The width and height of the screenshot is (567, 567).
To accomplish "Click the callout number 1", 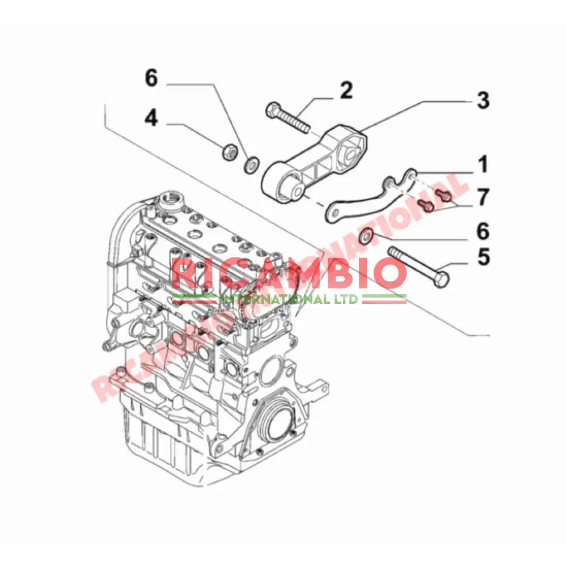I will tap(482, 165).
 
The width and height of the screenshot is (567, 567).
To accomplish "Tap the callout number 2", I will tap(346, 90).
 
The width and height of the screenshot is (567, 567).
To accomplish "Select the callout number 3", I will tap(482, 100).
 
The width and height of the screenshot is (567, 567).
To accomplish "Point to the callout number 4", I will tap(150, 118).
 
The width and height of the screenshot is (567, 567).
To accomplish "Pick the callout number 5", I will tap(483, 256).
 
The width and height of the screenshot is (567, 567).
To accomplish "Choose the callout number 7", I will tap(483, 198).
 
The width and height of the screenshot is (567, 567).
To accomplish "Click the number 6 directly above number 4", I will tap(151, 78).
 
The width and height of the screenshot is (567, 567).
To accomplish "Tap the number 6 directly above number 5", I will tap(483, 231).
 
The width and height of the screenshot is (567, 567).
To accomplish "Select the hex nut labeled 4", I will tap(230, 151).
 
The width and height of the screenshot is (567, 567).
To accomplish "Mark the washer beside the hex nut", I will tap(251, 165).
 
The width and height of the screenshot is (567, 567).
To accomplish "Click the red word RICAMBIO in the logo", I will tap(289, 273).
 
